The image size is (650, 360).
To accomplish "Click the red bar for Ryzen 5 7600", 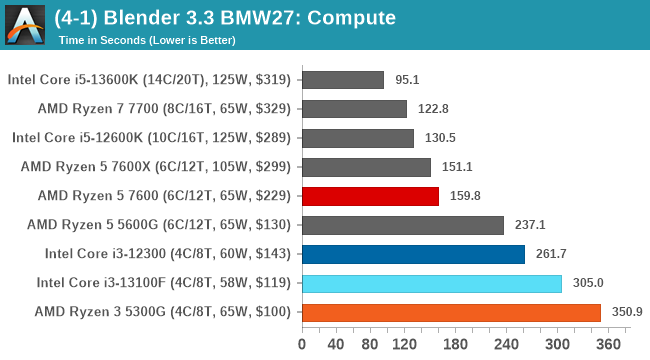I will coord(369,196).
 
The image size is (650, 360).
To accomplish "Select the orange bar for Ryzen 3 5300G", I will coord(450,312).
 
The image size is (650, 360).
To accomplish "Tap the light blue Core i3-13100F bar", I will coord(431,283).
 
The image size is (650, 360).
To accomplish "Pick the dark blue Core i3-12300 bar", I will coord(412,254).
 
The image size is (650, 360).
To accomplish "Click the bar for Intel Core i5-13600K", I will coord(341,80).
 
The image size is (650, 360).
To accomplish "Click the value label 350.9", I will coord(627,312).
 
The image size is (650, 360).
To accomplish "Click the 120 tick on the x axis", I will coord(404,345).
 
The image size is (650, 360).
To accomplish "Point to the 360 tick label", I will coord(608,345).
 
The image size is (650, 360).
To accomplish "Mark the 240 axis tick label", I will coord(506,345).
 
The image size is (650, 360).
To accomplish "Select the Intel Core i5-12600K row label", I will coord(151,138).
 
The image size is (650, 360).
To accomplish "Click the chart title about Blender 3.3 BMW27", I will coord(226,17).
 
